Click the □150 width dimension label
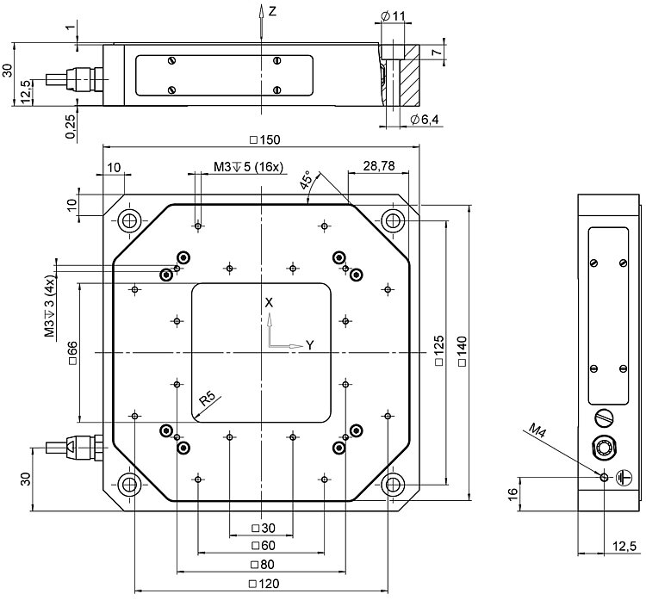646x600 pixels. [265, 139]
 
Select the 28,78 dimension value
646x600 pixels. [379, 165]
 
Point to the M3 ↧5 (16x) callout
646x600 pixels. [248, 166]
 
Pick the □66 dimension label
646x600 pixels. [72, 353]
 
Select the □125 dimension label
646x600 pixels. [439, 353]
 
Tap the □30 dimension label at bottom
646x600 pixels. [261, 528]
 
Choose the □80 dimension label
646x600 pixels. [261, 565]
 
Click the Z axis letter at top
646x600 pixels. [272, 11]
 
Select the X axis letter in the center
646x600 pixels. [270, 303]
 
